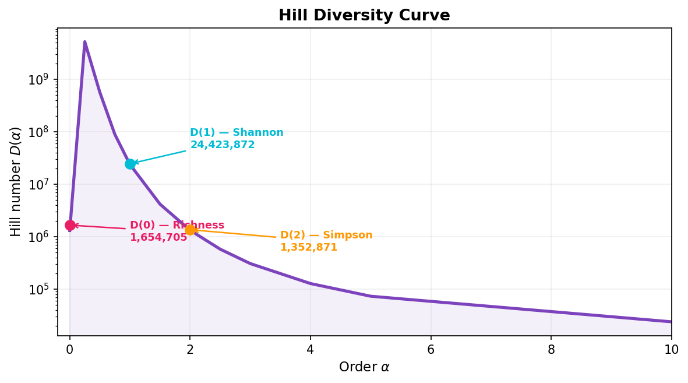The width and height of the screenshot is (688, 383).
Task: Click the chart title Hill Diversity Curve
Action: tap(364, 16)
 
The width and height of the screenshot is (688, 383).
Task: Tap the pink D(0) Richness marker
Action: tap(70, 225)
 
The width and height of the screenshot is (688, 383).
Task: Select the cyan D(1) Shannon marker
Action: tap(130, 164)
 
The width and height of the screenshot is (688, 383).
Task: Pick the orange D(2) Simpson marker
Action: tap(190, 230)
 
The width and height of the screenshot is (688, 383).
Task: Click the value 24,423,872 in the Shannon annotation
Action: tap(223, 145)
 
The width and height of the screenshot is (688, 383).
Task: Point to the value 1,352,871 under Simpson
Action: tap(309, 248)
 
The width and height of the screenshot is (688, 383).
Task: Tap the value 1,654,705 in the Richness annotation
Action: tap(158, 238)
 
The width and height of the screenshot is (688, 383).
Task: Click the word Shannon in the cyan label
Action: tap(258, 133)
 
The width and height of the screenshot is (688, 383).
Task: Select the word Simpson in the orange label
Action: tap(347, 236)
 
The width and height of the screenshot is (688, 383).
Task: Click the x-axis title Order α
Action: tap(364, 367)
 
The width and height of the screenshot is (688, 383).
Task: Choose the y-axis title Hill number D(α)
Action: tap(16, 181)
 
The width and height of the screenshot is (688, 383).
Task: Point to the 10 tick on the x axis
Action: tap(671, 350)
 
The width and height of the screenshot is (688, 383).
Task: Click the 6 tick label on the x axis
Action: tap(431, 350)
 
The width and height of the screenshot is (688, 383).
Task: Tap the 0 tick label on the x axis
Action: tap(70, 350)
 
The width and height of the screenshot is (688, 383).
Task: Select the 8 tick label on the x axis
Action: tap(551, 350)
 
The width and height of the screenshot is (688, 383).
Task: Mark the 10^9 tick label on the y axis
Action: tap(39, 80)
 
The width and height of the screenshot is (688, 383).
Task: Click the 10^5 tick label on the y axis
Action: tap(39, 290)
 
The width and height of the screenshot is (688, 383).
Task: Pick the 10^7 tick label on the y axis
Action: tap(39, 185)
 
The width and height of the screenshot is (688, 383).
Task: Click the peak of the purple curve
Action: tap(85, 42)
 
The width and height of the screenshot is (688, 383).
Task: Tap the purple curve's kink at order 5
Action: tap(371, 296)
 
